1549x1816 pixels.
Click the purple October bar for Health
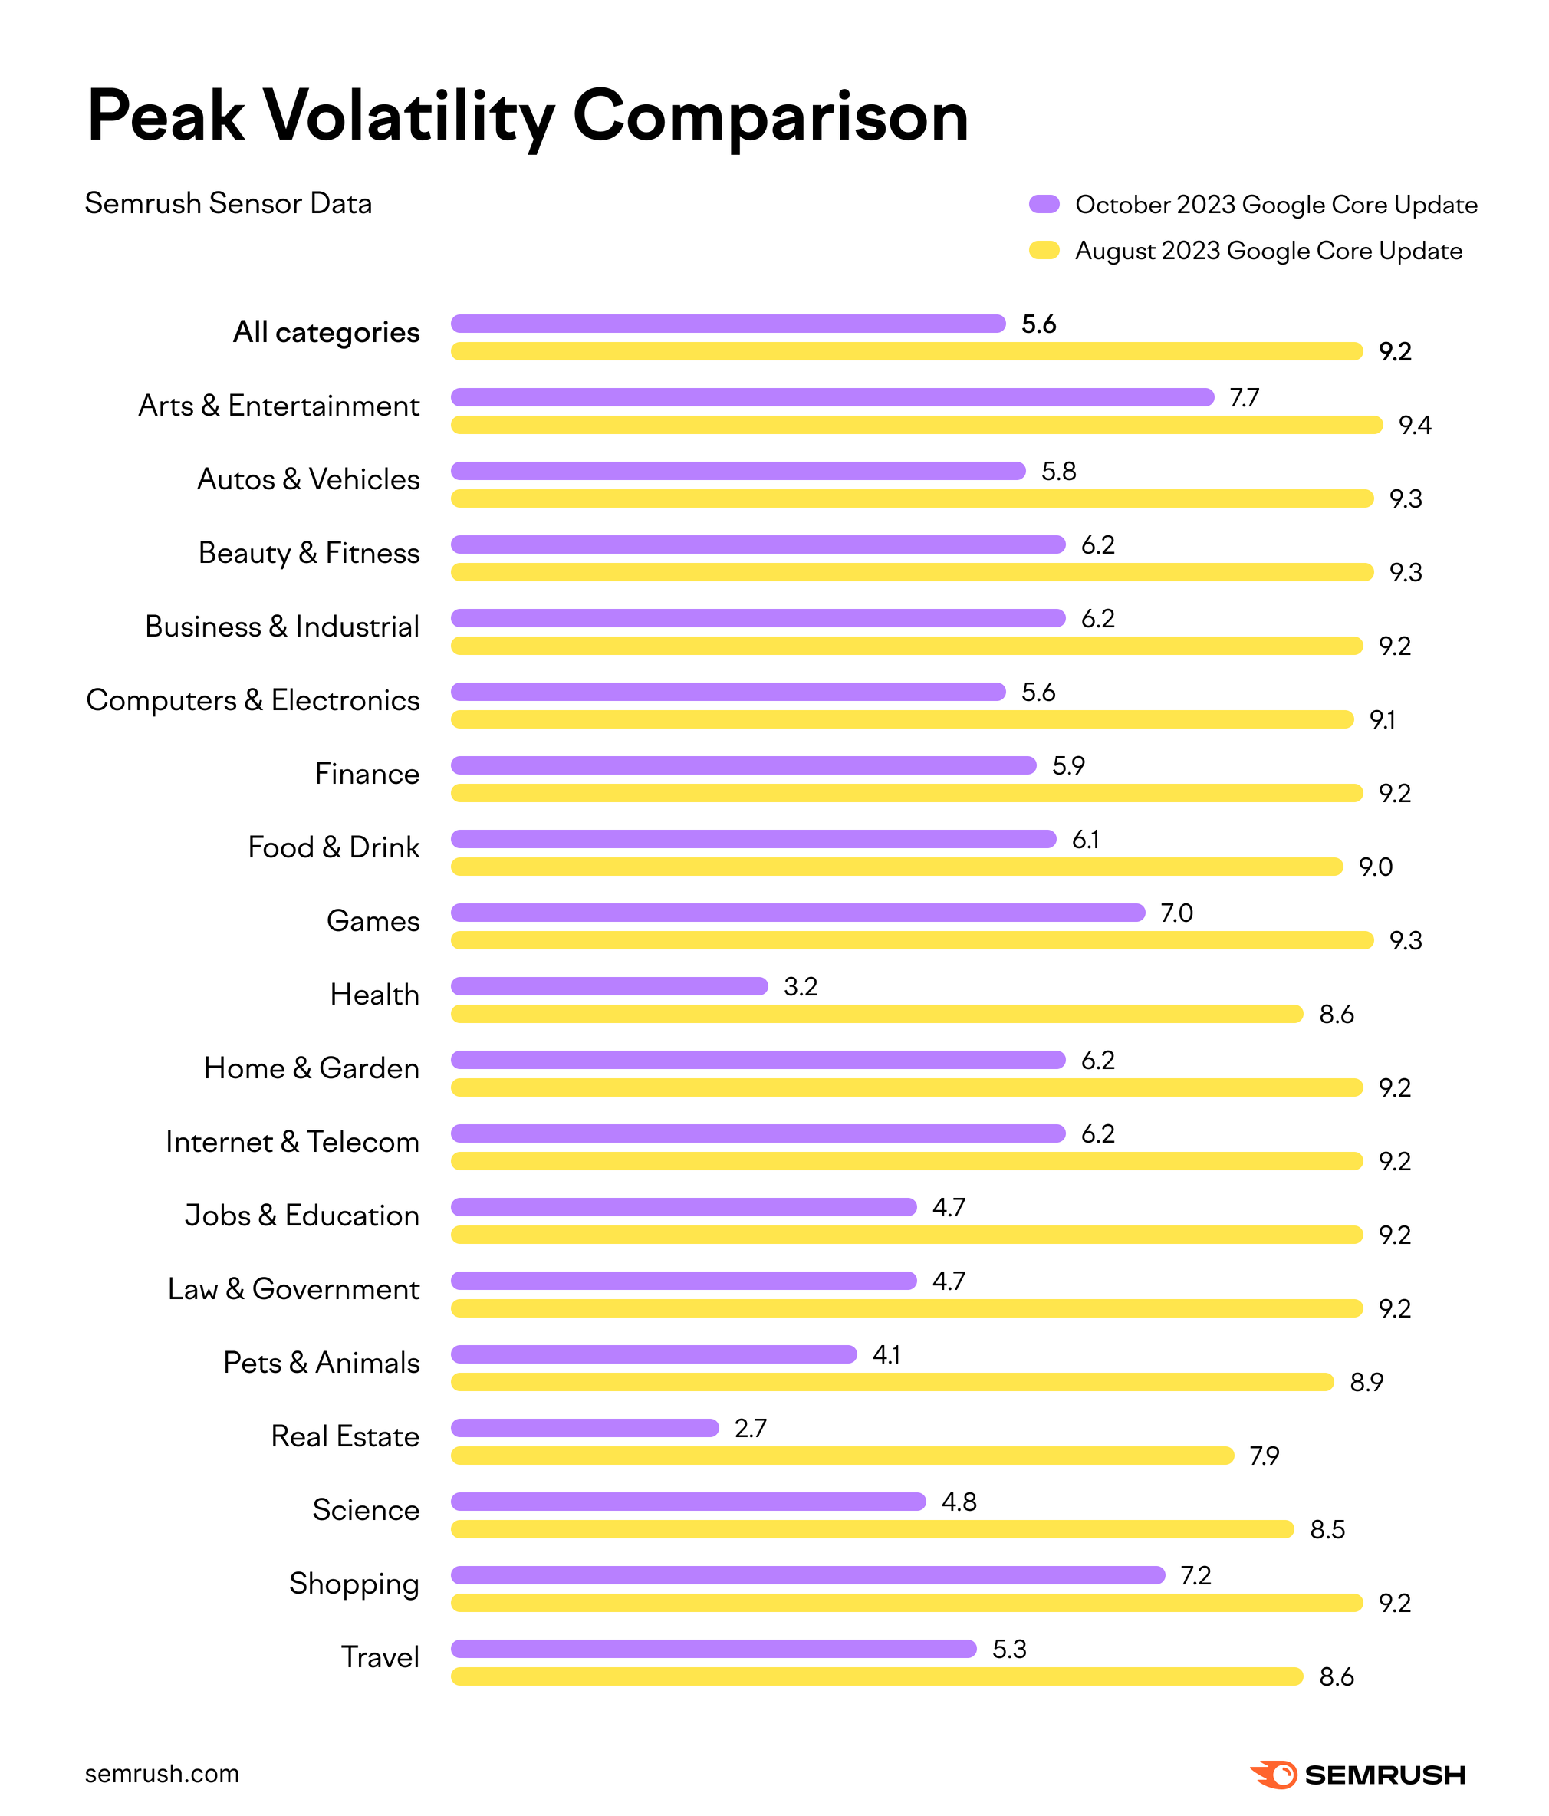coord(609,986)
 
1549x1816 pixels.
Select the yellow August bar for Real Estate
coord(841,1456)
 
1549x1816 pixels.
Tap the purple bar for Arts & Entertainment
coord(832,397)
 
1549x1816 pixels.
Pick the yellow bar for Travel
coord(876,1676)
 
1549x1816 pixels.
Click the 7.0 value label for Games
coord(1176,913)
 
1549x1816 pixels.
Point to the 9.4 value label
coord(1414,426)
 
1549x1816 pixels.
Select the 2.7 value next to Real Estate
coord(750,1429)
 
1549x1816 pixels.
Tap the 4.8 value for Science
coord(959,1502)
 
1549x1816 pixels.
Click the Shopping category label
coord(354,1584)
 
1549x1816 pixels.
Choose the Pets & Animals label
coord(321,1363)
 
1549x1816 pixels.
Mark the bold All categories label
coord(326,332)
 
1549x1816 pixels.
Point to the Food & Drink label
coord(334,847)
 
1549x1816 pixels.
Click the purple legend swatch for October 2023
coord(1044,204)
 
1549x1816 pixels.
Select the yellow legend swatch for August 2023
coord(1044,251)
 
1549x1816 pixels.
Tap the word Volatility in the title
coord(409,117)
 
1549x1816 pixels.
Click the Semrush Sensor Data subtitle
coord(229,203)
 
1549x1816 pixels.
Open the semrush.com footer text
coord(162,1774)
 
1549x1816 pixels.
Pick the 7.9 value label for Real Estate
coord(1264,1456)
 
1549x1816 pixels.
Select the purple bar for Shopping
coord(807,1575)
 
